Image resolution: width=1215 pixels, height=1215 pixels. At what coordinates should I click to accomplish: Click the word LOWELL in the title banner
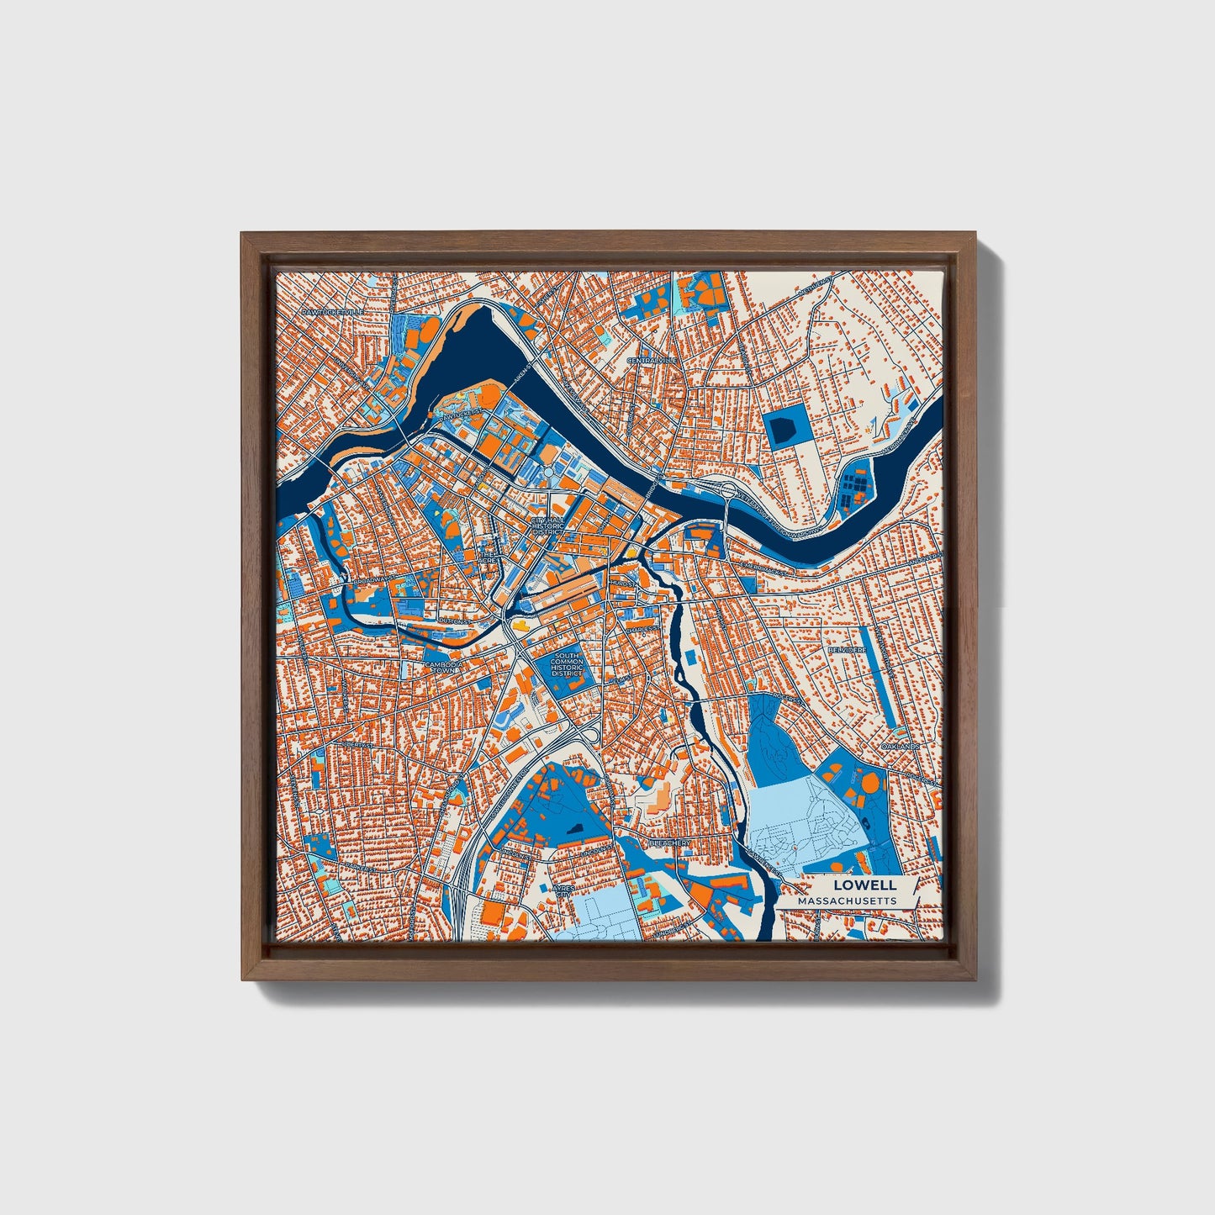click(x=864, y=885)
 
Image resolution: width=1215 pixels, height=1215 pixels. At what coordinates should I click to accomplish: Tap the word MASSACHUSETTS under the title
click(x=847, y=901)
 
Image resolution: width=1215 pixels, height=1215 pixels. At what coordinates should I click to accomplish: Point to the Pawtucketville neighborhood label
click(x=334, y=311)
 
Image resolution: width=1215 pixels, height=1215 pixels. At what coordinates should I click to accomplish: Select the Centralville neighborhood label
click(x=652, y=360)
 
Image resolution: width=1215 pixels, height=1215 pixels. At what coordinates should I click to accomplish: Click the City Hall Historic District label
click(x=547, y=526)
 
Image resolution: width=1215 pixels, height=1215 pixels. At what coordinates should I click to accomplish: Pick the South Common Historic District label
click(x=567, y=664)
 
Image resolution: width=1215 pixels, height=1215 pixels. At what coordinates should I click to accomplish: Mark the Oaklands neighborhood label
click(x=901, y=747)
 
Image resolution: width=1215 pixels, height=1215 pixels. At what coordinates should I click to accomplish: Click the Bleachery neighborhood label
click(x=670, y=842)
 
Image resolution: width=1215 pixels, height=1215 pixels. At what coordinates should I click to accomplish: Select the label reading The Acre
click(x=488, y=557)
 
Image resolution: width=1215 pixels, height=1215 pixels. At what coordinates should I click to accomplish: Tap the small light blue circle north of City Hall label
click(x=548, y=474)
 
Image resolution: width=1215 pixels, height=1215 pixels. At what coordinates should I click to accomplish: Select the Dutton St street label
click(x=453, y=621)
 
